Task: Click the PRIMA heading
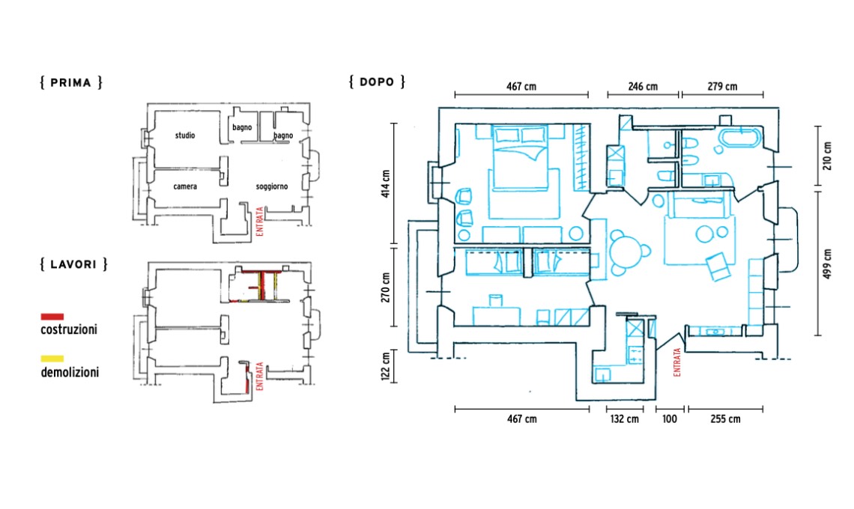click(70, 82)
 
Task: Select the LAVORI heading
click(73, 263)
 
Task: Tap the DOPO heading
click(377, 82)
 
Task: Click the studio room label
click(185, 135)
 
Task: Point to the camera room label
click(184, 186)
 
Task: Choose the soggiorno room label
click(271, 186)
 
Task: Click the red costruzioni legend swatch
click(52, 317)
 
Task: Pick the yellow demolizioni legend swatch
click(52, 359)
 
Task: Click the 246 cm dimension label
click(643, 87)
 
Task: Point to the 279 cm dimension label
click(722, 87)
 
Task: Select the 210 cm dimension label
click(827, 155)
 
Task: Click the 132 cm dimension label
click(624, 419)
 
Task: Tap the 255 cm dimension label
click(725, 419)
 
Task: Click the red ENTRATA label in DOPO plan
click(678, 362)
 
